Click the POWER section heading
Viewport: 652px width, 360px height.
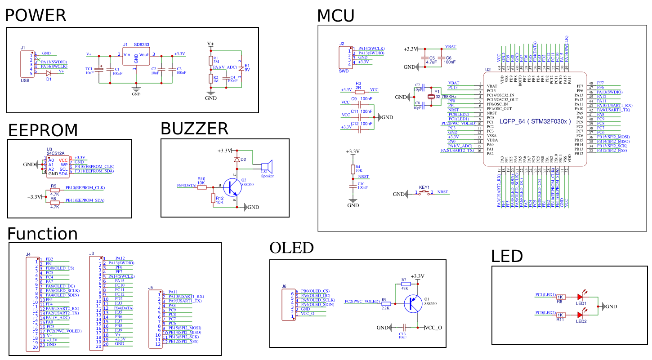point(36,15)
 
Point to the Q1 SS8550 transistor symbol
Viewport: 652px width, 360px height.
point(414,304)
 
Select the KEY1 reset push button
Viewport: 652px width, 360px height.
point(424,194)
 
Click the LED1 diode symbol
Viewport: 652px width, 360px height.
point(581,297)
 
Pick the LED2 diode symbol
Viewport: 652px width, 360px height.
point(581,316)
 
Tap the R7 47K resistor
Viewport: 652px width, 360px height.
point(406,284)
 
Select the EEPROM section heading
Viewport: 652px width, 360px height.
point(43,130)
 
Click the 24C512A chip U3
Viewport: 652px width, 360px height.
point(58,167)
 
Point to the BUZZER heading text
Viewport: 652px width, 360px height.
point(194,129)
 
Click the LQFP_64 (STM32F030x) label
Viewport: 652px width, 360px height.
point(536,121)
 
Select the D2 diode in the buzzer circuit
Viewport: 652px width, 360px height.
point(237,159)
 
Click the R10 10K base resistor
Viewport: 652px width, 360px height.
point(201,186)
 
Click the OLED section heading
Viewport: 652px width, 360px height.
point(291,248)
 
